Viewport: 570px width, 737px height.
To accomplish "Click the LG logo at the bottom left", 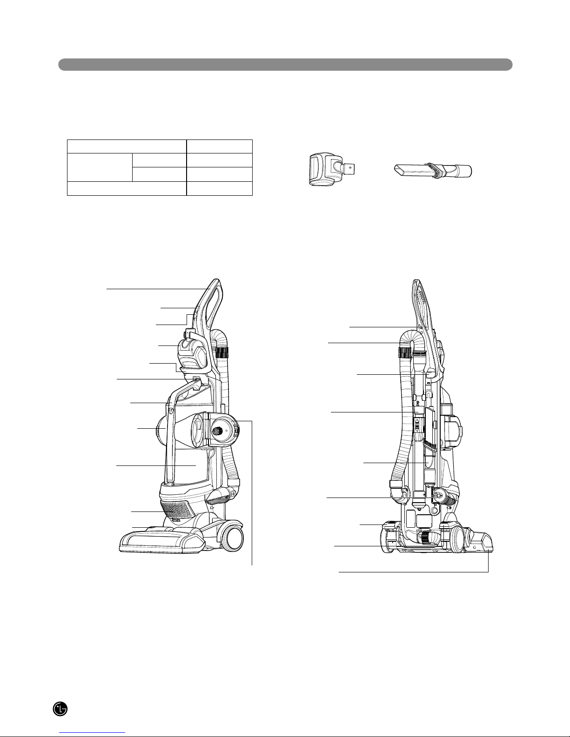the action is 60,709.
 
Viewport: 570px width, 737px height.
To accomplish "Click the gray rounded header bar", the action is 285,65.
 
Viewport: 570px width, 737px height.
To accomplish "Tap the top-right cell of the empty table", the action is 220,146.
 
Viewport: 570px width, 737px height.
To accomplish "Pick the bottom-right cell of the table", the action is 220,188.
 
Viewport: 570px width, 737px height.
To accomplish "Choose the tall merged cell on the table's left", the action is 100,167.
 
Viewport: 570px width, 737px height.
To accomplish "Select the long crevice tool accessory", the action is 433,171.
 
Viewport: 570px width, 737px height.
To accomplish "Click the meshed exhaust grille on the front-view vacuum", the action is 178,510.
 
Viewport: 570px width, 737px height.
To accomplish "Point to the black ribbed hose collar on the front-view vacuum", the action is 222,353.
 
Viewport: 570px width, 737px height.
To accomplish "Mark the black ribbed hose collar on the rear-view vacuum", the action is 405,353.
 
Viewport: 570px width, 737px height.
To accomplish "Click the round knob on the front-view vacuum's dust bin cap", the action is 216,431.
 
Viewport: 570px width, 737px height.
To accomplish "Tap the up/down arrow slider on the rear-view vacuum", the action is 417,425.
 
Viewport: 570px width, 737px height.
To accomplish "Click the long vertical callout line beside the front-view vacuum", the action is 252,493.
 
